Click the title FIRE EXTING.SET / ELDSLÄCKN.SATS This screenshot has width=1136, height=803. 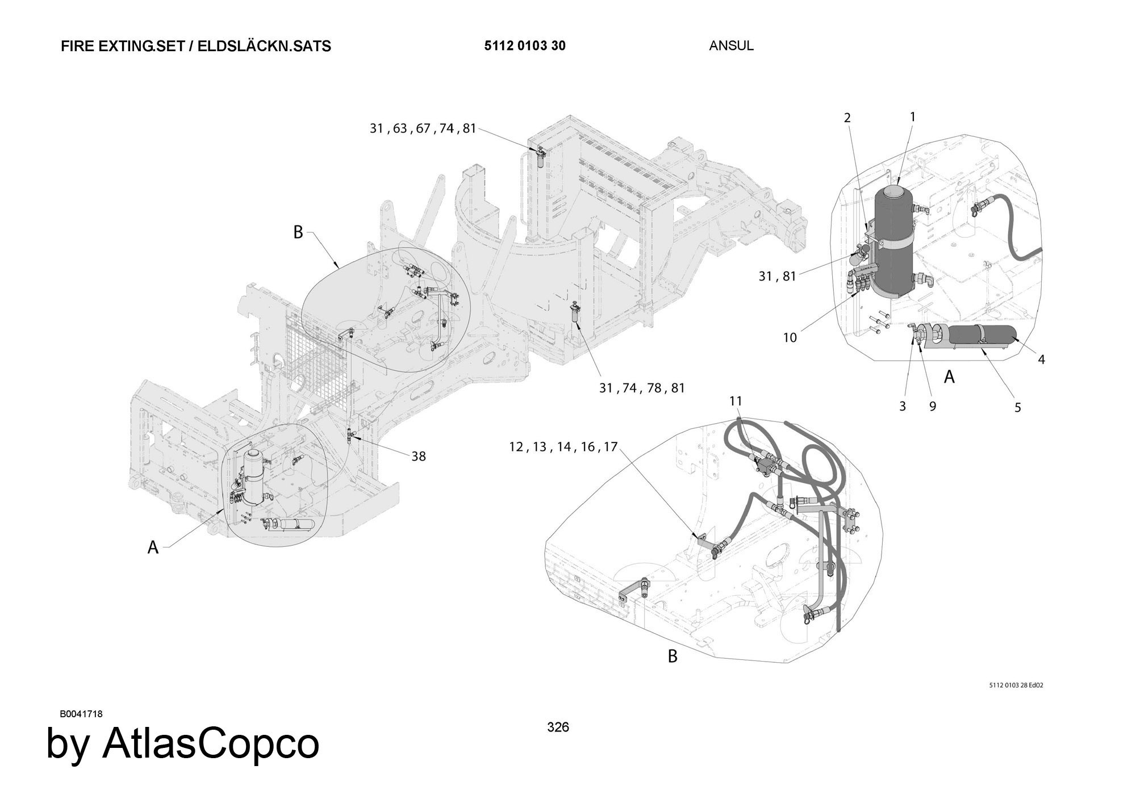point(196,46)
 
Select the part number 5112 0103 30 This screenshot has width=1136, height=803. point(525,46)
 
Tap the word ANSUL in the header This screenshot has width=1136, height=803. point(731,46)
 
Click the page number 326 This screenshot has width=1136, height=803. point(558,727)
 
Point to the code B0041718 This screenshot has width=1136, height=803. point(81,714)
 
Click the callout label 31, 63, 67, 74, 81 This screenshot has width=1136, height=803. point(423,128)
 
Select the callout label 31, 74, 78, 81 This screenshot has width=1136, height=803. point(642,388)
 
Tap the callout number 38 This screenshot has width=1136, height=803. point(419,456)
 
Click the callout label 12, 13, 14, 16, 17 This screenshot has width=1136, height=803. point(563,447)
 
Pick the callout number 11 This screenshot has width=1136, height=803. point(736,401)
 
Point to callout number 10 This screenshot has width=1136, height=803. point(790,337)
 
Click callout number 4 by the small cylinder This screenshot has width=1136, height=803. point(1041,359)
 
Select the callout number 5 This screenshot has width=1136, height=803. point(1017,407)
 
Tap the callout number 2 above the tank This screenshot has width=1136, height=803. point(847,118)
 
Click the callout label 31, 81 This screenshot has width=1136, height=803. point(777,277)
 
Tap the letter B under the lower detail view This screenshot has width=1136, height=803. point(673,656)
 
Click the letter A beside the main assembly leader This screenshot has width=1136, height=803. point(153,547)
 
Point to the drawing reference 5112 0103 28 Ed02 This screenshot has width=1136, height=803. point(1016,685)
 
